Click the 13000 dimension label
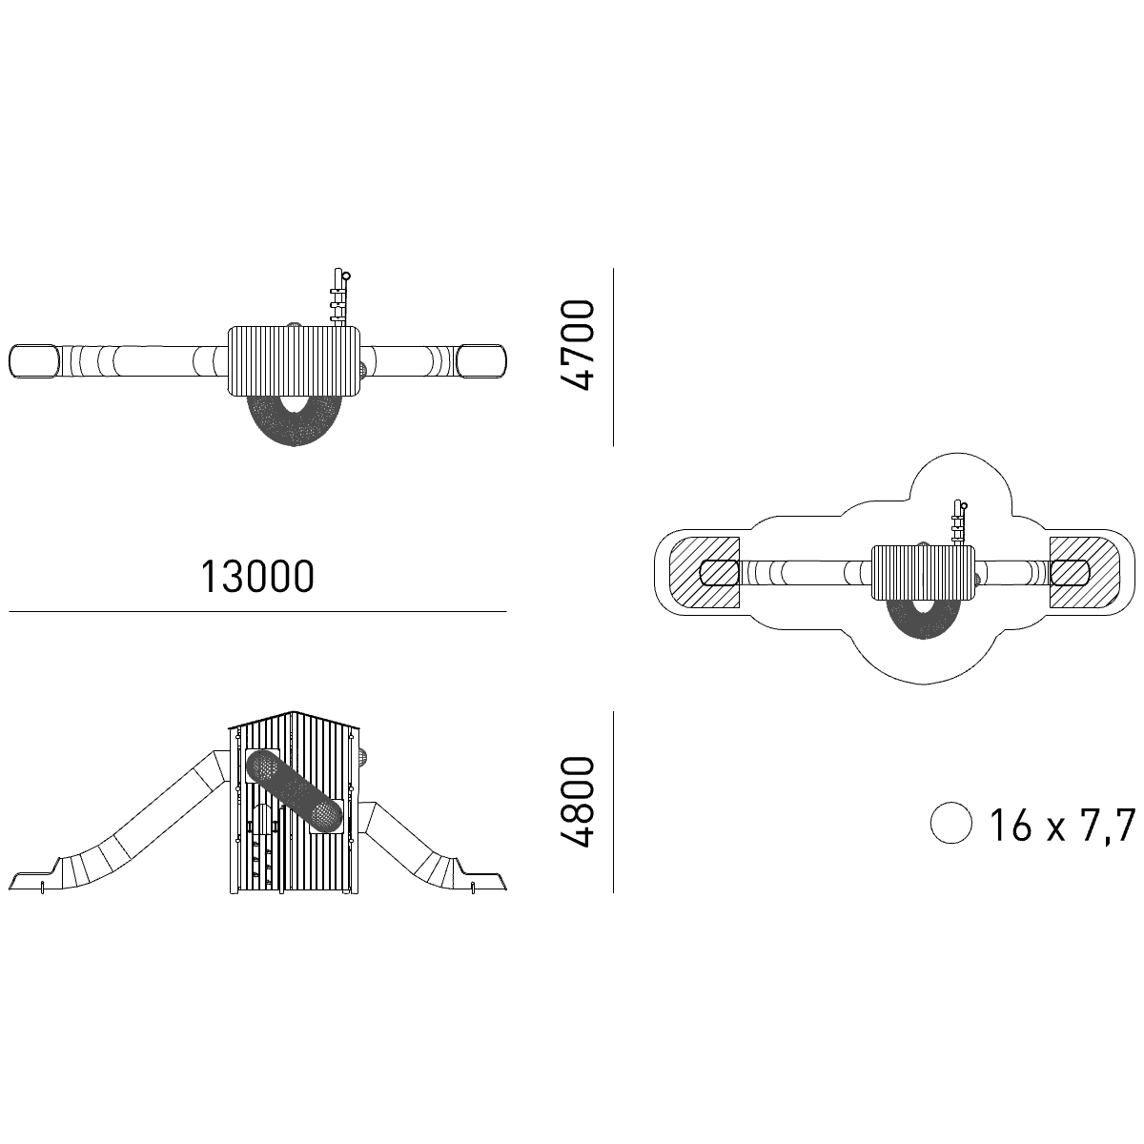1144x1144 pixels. click(257, 577)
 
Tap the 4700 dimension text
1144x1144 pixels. click(577, 345)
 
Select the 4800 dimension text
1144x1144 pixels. click(577, 802)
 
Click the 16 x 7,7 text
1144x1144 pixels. click(1061, 825)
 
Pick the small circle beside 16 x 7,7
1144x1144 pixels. click(951, 823)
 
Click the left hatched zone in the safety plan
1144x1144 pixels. click(705, 572)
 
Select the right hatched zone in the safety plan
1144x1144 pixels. click(1085, 572)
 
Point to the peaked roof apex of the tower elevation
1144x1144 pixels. click(293, 710)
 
